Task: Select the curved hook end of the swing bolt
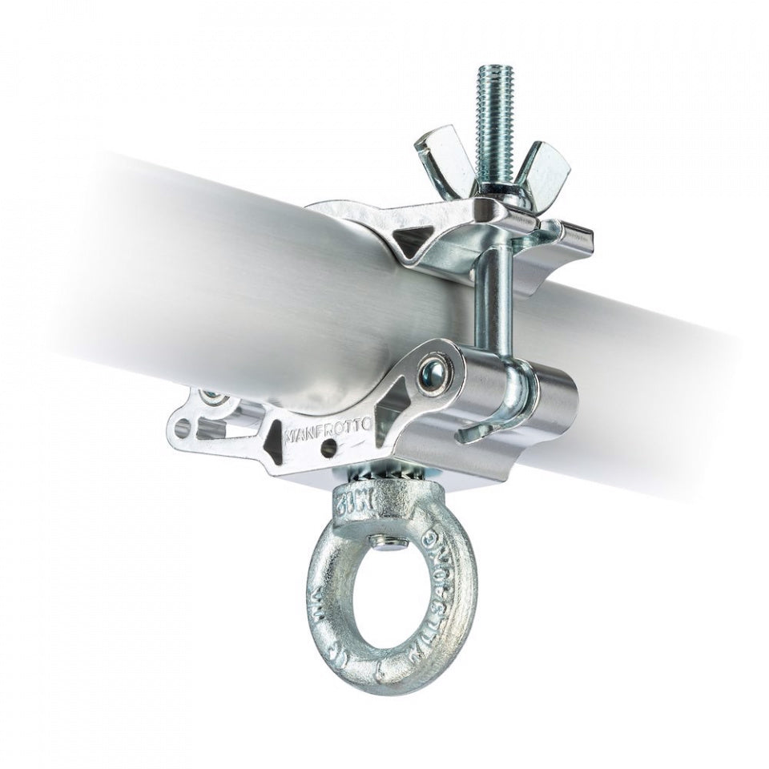[x=473, y=429]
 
